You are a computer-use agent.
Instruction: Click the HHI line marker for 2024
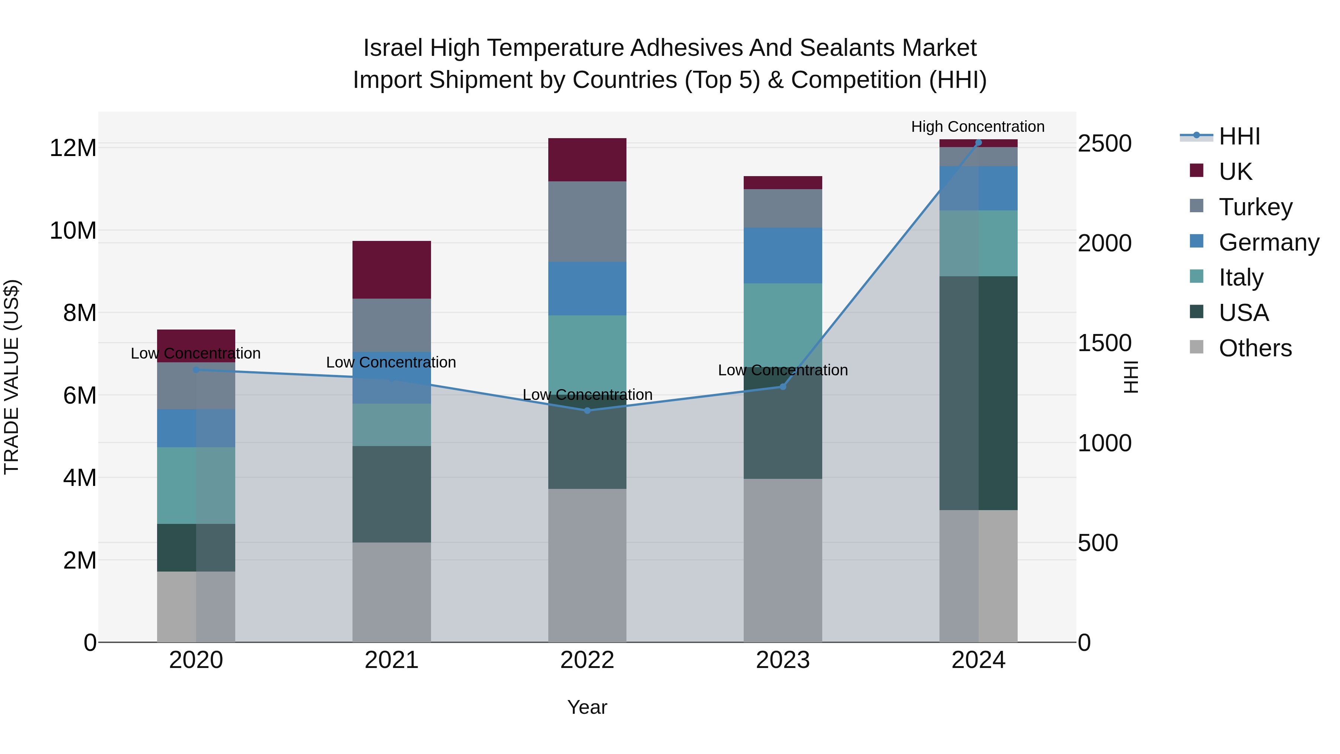click(x=978, y=143)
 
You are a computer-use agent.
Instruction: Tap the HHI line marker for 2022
click(x=587, y=411)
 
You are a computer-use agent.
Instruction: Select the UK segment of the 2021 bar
click(x=392, y=270)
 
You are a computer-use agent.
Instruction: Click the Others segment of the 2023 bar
click(x=782, y=560)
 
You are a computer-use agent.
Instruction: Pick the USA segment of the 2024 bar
click(x=978, y=393)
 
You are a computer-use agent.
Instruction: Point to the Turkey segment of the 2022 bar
click(x=587, y=221)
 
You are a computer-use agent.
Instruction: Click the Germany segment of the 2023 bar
click(x=782, y=255)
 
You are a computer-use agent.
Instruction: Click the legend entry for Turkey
click(x=1255, y=207)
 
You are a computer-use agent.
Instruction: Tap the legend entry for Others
click(x=1255, y=348)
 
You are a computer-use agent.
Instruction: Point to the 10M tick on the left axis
click(x=73, y=230)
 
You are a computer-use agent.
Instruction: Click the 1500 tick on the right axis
click(x=1104, y=343)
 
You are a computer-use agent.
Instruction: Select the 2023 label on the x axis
click(x=782, y=660)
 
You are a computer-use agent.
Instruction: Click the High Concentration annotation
click(x=977, y=127)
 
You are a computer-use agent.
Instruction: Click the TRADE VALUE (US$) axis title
click(x=12, y=377)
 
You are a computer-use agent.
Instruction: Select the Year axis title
click(x=587, y=707)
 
